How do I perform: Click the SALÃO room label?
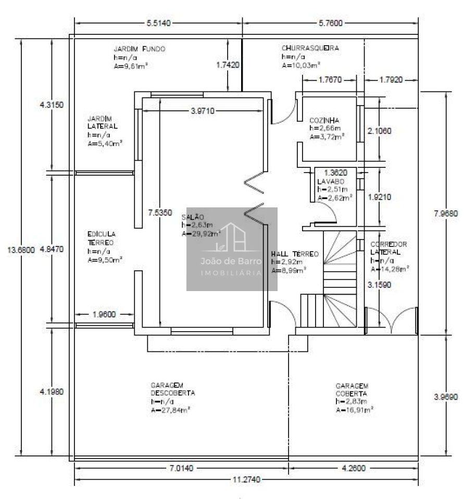click(193, 216)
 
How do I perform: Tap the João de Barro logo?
click(232, 249)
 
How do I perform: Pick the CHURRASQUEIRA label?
click(310, 48)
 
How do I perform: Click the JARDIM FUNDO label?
click(140, 48)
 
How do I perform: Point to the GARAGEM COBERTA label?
click(352, 389)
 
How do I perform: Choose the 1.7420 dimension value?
click(229, 65)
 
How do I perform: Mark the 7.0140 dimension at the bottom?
click(181, 468)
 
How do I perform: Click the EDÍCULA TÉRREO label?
click(102, 238)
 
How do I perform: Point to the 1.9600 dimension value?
click(104, 314)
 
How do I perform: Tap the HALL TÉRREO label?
click(295, 254)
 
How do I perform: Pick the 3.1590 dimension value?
click(379, 285)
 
